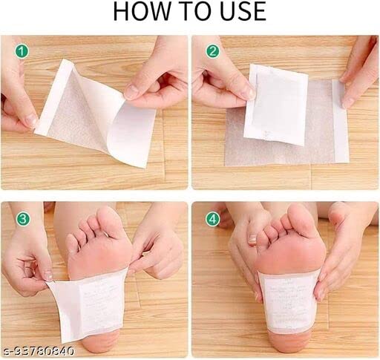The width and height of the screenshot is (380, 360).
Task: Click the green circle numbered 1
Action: coord(23,52)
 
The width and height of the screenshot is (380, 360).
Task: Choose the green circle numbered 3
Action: coord(23,219)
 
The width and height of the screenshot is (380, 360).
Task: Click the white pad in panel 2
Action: coord(275,104)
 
